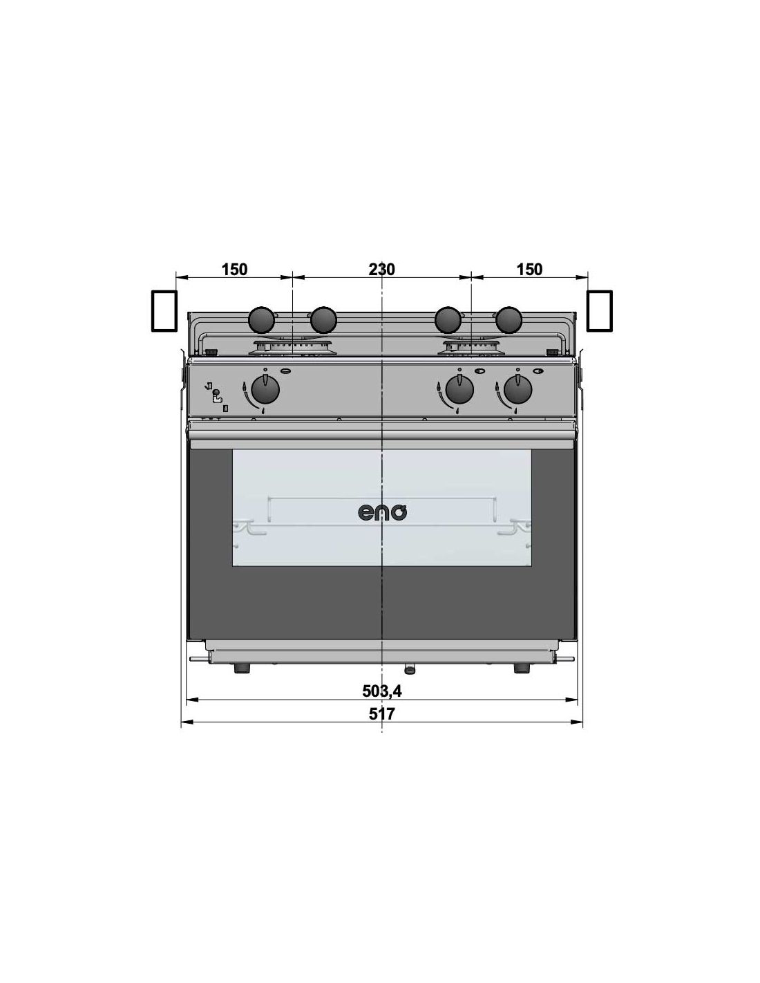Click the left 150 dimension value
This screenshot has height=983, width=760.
[234, 269]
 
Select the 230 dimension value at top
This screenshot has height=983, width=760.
[381, 269]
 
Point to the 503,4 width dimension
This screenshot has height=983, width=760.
[382, 691]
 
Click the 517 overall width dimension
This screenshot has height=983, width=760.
[381, 713]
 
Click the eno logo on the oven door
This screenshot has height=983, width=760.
[383, 513]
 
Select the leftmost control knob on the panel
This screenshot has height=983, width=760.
[265, 389]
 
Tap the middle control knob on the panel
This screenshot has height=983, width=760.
[459, 389]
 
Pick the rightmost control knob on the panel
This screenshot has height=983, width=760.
[517, 389]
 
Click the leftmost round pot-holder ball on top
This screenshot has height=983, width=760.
[262, 319]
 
